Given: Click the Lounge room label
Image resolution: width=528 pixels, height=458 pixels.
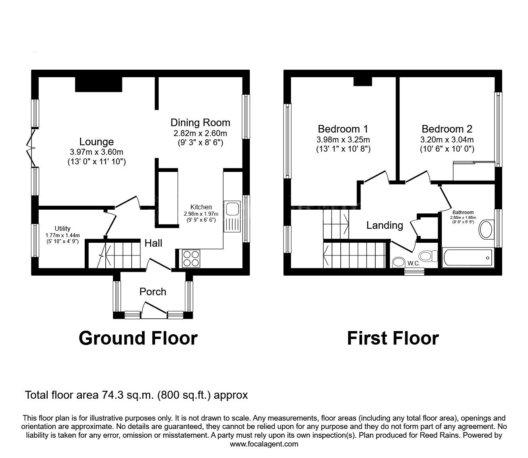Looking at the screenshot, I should tap(96, 142).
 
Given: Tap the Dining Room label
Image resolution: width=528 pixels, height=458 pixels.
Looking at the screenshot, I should tap(200, 122).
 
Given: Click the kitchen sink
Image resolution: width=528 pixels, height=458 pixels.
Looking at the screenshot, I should tap(232, 209).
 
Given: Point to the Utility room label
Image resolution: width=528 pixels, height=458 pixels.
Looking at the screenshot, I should tap(62, 228).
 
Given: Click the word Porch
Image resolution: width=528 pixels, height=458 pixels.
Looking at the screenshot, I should tap(153, 292).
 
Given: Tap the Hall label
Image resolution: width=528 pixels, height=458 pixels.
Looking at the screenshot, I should tap(153, 243).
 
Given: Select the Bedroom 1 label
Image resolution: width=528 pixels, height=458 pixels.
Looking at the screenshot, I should tap(343, 129).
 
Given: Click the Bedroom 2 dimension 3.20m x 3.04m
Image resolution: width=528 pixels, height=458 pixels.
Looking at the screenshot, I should tap(447, 140).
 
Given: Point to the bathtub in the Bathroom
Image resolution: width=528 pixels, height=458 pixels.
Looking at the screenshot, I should tap(468, 258).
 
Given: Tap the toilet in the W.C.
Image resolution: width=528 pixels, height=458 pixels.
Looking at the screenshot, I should tap(427, 255).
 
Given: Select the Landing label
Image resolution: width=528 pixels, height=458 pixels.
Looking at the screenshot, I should tap(384, 225).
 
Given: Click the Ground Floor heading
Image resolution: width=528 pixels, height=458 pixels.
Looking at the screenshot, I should tap(138, 338).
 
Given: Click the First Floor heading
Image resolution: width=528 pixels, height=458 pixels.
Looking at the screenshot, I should tap(393, 338).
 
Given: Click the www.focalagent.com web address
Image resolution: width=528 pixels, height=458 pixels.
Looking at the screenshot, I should tap(264, 444).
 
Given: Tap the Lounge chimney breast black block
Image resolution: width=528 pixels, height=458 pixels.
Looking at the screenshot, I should tap(99, 84).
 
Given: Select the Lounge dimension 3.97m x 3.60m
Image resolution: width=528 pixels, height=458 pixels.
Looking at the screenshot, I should tap(96, 152).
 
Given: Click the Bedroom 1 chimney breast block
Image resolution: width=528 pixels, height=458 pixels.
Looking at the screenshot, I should tap(363, 81).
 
